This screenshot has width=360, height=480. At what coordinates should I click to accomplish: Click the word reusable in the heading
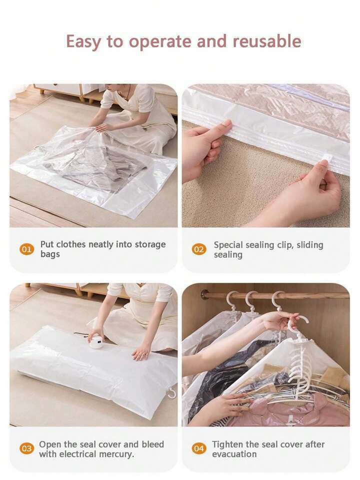pyautogui.click(x=267, y=42)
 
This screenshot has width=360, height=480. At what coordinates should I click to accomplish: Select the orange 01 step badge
pyautogui.click(x=27, y=249)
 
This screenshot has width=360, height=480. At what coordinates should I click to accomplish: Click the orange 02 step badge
pyautogui.click(x=199, y=249)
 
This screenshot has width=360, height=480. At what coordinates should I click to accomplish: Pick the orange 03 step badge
pyautogui.click(x=27, y=449)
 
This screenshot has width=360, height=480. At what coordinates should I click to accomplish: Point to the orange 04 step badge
pyautogui.click(x=199, y=449)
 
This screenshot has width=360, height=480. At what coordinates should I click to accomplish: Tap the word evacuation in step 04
pyautogui.click(x=234, y=454)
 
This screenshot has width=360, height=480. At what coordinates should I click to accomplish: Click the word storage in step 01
pyautogui.click(x=150, y=245)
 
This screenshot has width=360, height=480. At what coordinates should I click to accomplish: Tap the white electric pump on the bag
pyautogui.click(x=96, y=341)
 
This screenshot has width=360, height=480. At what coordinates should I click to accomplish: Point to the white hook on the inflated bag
pyautogui.click(x=171, y=392)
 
